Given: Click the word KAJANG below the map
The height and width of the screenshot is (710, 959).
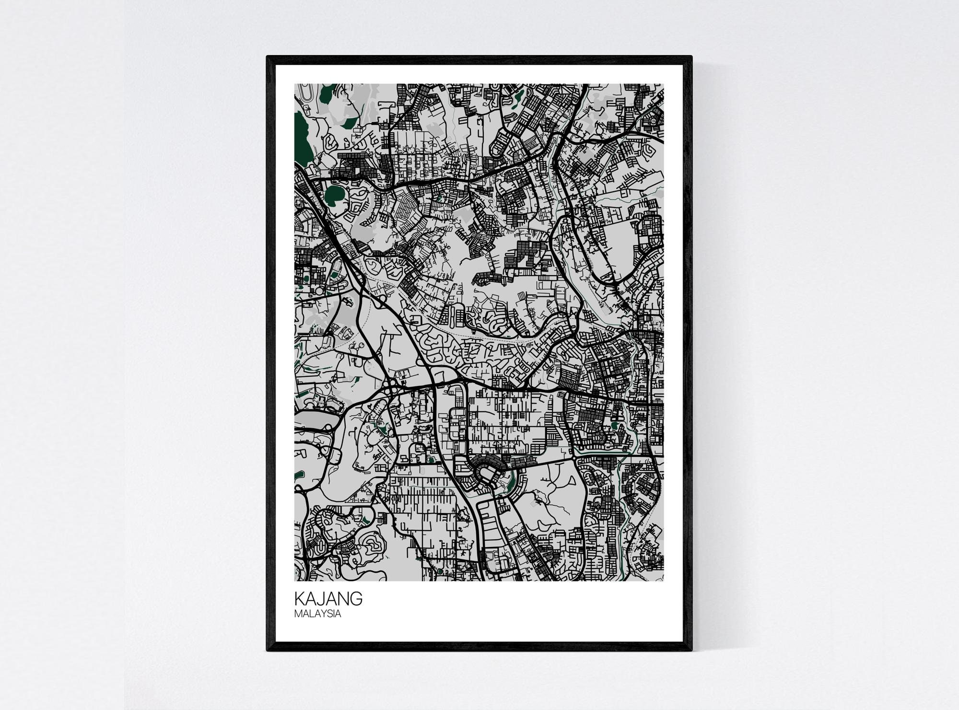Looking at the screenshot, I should (328, 599).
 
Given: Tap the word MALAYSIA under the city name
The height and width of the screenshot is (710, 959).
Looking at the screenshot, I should (317, 614).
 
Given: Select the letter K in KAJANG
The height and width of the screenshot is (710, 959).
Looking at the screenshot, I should (299, 599).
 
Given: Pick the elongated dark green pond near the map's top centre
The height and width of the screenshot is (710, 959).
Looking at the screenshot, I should (517, 98).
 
